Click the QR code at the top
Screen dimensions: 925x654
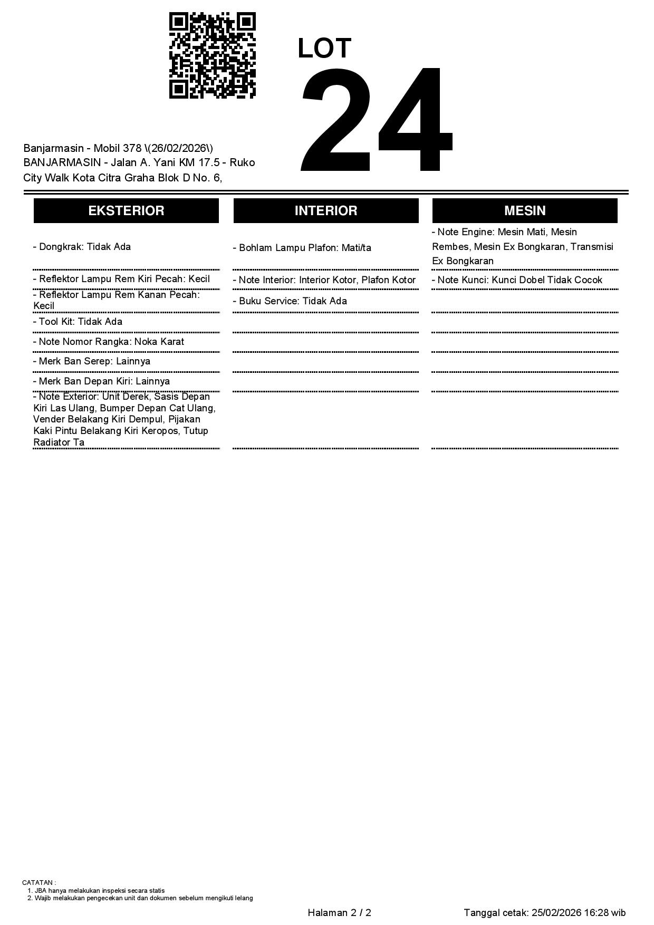212,55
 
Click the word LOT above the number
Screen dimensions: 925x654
324,49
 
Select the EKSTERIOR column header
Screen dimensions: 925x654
126,210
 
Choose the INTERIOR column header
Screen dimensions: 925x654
326,210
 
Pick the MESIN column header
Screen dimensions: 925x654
525,210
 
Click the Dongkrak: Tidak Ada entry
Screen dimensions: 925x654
82,247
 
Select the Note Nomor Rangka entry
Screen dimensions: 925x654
109,342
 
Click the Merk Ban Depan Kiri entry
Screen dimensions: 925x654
101,381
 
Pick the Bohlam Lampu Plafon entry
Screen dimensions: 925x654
302,248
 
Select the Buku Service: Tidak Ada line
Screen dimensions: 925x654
290,301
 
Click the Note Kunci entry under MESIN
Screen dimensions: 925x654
517,280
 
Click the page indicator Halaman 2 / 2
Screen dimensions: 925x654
339,913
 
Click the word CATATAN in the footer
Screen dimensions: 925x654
37,882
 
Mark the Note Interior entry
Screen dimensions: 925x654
324,280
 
